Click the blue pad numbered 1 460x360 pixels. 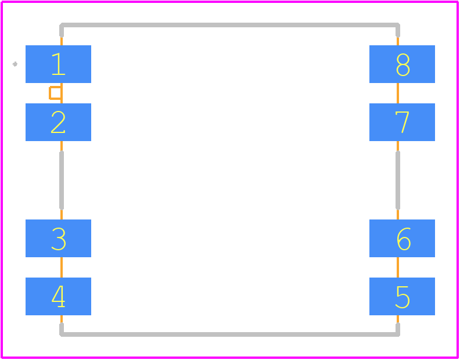(59, 64)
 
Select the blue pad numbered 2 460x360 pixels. (59, 122)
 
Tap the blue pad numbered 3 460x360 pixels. (59, 238)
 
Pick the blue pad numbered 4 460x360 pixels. (59, 296)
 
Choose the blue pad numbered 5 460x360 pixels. (402, 296)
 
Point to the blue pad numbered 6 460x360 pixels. (402, 238)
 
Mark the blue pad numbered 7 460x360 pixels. (402, 122)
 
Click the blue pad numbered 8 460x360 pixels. (402, 64)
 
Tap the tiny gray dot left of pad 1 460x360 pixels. (15, 64)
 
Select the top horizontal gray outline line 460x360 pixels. (229, 25)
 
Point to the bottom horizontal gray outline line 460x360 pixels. (229, 334)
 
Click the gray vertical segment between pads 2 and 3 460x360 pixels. (62, 180)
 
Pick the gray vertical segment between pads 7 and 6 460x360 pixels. (397, 180)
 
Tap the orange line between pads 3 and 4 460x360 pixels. (62, 267)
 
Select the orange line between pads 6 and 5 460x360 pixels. (397, 267)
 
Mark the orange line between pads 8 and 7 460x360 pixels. (397, 93)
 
